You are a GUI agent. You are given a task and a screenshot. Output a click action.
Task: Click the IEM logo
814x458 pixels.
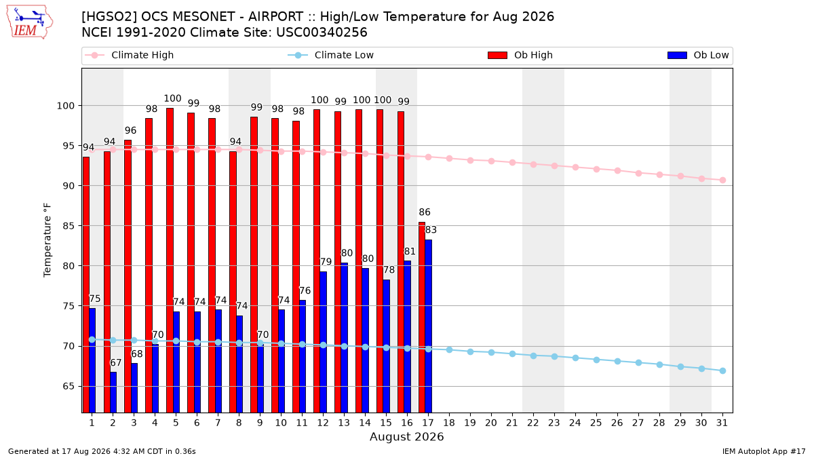tap(30, 22)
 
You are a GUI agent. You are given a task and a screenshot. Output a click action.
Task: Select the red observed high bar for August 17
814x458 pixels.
tap(422, 318)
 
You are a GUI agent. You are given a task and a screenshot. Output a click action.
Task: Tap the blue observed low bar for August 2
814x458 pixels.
tap(113, 392)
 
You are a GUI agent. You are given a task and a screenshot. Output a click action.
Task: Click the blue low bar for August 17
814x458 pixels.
tap(429, 326)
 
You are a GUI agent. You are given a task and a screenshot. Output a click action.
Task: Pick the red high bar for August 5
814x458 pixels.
tap(170, 261)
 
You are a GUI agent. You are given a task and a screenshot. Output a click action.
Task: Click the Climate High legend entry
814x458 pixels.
tap(129, 55)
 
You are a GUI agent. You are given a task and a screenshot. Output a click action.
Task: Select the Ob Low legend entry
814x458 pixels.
tap(698, 55)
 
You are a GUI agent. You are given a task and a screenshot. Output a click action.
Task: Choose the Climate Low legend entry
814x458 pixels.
tap(330, 55)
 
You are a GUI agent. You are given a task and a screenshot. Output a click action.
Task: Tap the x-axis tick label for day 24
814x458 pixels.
tap(575, 423)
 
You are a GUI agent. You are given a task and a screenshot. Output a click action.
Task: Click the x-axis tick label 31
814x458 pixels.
tap(722, 423)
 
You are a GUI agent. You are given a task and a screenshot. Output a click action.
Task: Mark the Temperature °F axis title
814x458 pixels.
tap(47, 240)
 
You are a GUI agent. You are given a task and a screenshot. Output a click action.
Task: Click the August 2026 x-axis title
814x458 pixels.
tap(406, 436)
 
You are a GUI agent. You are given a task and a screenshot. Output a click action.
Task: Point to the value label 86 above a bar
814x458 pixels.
tap(425, 212)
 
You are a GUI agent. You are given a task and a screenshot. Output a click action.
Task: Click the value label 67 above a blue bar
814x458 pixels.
tap(115, 362)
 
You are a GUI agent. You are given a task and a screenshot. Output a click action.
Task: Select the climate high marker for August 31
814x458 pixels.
tap(722, 180)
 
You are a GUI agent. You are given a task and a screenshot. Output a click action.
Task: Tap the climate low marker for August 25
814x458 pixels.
tap(596, 360)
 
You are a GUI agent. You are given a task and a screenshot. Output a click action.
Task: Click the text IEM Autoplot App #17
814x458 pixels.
tap(764, 451)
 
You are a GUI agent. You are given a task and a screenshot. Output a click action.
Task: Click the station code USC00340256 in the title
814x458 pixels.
tap(322, 33)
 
